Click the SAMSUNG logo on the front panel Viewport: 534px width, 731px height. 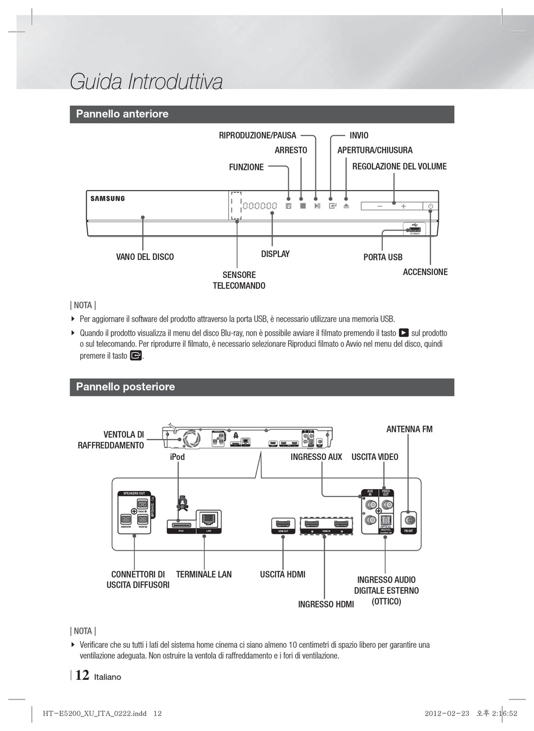108,198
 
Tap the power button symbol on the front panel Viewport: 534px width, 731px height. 431,206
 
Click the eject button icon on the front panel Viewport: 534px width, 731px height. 346,206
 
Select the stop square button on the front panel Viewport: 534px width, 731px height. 302,206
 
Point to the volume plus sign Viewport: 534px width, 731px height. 403,206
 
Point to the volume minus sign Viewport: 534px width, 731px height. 380,206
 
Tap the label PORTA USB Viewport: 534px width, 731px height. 383,257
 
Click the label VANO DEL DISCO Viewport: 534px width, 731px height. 145,257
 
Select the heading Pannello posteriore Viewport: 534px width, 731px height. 125,387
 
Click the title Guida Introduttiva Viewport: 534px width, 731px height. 146,82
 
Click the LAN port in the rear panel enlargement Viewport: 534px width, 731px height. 209,519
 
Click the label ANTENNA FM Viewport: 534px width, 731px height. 409,429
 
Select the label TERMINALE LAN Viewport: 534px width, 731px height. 203,574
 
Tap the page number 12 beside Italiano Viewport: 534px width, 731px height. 82,675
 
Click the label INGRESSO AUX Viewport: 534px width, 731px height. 316,457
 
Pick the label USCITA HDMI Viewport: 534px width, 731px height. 283,574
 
